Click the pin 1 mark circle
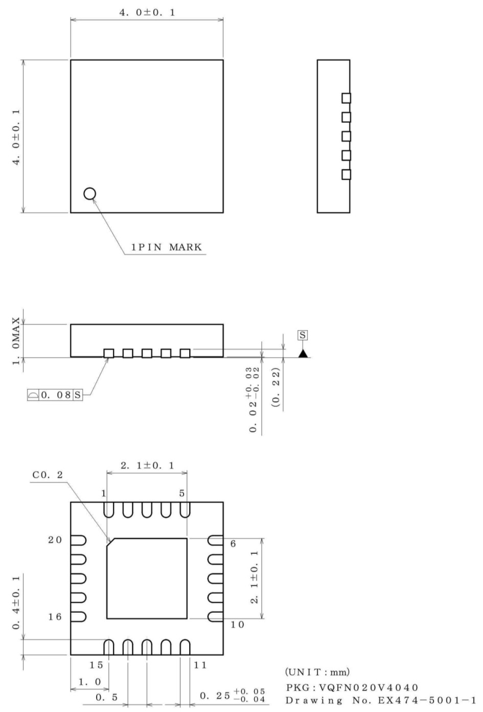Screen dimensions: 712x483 point(89,193)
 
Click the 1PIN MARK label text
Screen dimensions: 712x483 point(167,248)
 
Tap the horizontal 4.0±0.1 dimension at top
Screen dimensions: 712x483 point(147,12)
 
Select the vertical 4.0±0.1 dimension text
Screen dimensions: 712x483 point(16,136)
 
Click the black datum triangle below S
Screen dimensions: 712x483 point(303,353)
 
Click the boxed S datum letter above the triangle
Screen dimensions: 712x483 point(303,335)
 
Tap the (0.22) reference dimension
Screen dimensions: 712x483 point(276,387)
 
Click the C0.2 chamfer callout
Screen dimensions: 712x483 point(48,475)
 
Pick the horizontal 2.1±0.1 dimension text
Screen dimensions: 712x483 point(147,465)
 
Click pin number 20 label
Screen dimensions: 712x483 point(55,540)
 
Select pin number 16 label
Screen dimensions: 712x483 point(55,617)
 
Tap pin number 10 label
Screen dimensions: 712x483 point(237,625)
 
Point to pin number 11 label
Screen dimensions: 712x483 point(200,665)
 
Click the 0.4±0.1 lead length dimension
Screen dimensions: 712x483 point(16,603)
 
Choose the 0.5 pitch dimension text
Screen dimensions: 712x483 point(107,697)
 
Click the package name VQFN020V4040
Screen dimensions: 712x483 point(352,687)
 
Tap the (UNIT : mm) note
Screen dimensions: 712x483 point(317,672)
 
